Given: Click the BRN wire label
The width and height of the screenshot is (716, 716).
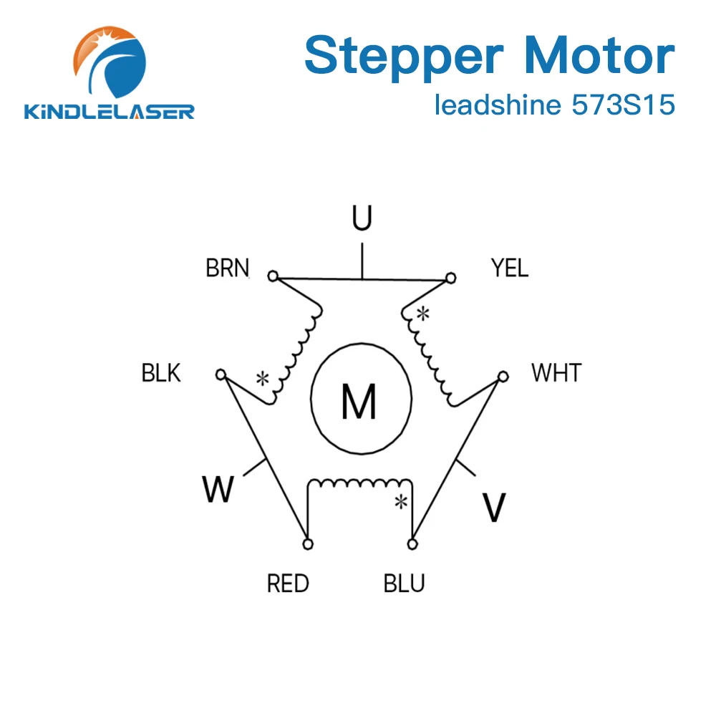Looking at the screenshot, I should [x=227, y=268].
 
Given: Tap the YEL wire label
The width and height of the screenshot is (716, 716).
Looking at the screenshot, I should [x=510, y=268].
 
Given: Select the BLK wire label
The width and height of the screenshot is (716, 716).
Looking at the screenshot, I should [x=161, y=373].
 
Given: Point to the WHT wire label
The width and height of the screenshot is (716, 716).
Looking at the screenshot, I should [x=556, y=373].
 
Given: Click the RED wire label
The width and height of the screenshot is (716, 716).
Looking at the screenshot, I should [x=288, y=584].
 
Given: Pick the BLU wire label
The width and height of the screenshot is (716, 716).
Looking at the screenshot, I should [x=405, y=584].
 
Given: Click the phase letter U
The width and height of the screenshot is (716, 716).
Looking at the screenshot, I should [x=362, y=218].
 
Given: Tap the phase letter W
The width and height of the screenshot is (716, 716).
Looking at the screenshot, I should [x=218, y=490].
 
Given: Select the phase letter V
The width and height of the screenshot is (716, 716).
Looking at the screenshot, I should [x=493, y=508].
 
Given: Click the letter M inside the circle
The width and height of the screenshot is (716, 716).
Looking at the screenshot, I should [x=359, y=402].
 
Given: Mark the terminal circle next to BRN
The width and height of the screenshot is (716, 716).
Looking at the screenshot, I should [x=272, y=276].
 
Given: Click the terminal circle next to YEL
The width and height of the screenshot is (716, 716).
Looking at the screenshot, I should [x=450, y=277].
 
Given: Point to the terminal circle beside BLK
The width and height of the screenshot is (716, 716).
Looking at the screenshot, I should [x=221, y=374].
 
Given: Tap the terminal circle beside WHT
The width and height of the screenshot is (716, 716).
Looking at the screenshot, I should [x=503, y=375].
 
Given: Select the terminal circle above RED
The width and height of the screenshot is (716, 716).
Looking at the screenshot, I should [x=308, y=545].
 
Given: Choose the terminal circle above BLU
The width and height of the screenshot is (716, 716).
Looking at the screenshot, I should [x=412, y=545].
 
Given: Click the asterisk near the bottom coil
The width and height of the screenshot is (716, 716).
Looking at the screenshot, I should [x=402, y=502].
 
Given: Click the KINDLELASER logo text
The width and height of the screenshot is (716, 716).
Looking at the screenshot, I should [x=110, y=112].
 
